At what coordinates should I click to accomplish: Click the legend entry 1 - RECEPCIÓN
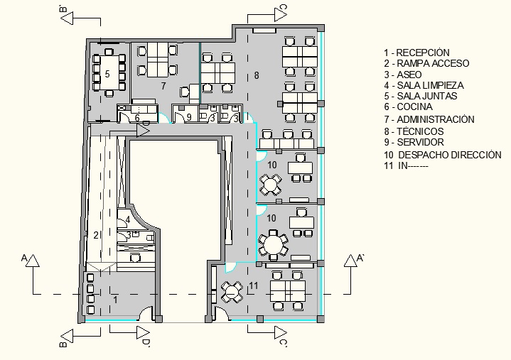point(416,53)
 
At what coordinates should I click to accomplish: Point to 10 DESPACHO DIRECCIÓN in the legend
point(442,154)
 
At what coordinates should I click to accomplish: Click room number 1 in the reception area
point(116,300)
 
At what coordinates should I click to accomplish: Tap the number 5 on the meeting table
point(107,74)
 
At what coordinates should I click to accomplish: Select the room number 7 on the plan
point(163,86)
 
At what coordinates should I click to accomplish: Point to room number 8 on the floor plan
point(256,75)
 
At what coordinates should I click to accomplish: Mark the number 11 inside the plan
point(254,285)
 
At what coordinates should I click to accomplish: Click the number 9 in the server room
point(189,118)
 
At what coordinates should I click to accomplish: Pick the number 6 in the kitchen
point(137,118)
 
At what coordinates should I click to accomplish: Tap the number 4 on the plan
point(128,218)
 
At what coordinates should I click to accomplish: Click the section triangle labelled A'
point(352,261)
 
